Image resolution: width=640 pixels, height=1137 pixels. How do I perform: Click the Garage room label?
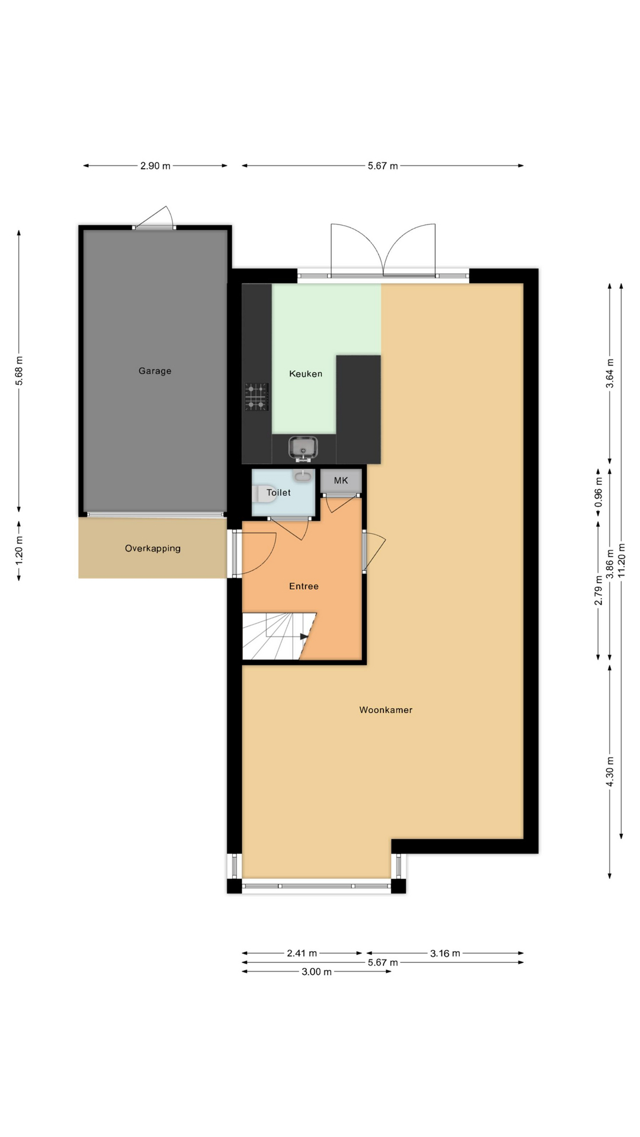(155, 371)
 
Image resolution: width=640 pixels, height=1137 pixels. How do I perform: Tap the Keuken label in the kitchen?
(306, 374)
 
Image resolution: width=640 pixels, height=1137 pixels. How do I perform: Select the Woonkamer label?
(386, 709)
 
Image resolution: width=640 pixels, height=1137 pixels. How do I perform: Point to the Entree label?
(304, 586)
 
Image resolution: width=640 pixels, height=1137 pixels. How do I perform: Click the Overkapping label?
(153, 548)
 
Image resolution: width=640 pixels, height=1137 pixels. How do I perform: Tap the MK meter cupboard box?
(341, 481)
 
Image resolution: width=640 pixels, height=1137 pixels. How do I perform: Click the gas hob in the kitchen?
(257, 397)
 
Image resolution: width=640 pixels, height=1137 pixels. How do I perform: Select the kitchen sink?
(303, 448)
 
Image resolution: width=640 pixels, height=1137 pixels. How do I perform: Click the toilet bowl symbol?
(264, 493)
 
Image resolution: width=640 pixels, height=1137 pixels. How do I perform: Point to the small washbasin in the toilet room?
(302, 475)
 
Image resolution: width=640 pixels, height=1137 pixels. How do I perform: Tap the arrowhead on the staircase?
(305, 637)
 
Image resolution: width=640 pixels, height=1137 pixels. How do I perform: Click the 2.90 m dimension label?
(155, 166)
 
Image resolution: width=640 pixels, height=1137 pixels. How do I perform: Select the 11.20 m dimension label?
(621, 560)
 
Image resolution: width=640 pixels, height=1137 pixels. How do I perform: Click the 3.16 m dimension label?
(445, 953)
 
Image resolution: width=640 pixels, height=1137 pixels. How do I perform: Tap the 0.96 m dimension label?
(599, 493)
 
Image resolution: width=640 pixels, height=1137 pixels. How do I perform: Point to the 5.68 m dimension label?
(19, 371)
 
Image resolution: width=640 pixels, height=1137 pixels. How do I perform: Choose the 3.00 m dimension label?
(316, 972)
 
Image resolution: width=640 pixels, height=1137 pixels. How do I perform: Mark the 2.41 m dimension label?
(302, 953)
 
